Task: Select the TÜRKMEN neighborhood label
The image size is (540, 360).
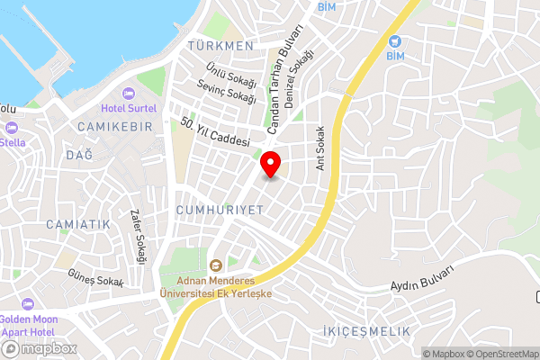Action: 220,45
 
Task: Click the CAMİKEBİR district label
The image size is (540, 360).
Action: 114,125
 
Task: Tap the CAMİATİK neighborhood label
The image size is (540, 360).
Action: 77,223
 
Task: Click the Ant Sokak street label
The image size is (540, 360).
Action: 319,147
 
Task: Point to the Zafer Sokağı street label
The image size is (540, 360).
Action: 139,237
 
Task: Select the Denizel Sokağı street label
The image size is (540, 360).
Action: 296,80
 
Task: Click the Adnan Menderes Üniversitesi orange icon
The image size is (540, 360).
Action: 215,265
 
